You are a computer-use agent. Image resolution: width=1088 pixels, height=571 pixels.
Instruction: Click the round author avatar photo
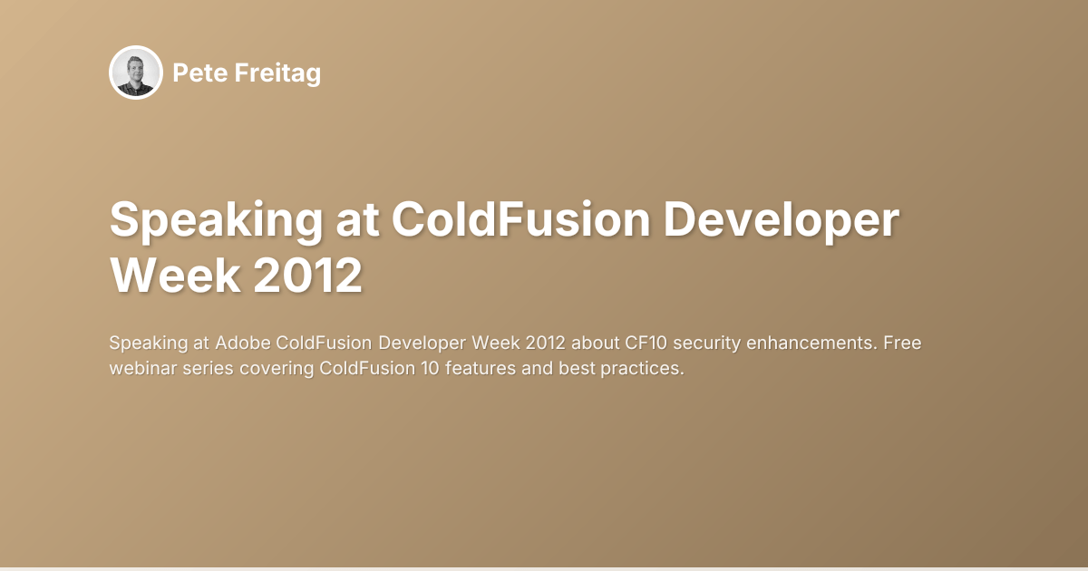pos(135,73)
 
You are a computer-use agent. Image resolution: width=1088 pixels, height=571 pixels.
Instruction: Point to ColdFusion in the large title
pos(520,222)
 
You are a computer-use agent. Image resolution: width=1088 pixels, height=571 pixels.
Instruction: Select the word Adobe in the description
pos(243,344)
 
